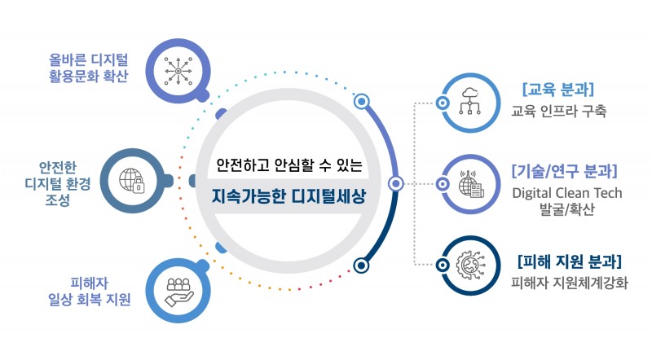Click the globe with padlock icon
(x=132, y=182)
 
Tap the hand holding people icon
(x=178, y=292)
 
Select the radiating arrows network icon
(x=178, y=72)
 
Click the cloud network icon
(x=470, y=101)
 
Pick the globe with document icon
(x=472, y=184)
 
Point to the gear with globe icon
(x=471, y=265)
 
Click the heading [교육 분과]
(x=558, y=90)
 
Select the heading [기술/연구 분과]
(x=565, y=171)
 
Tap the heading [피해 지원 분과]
(x=569, y=262)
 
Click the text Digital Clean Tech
(x=567, y=193)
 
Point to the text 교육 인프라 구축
(x=558, y=111)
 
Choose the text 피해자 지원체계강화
(x=569, y=283)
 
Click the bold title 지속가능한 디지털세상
(x=289, y=196)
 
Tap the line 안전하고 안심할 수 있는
(x=289, y=165)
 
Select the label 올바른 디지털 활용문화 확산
(x=89, y=68)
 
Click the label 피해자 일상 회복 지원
(x=90, y=292)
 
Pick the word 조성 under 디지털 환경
(x=57, y=200)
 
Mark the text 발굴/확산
(x=566, y=209)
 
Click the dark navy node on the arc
(x=361, y=266)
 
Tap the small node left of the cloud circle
(x=443, y=103)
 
